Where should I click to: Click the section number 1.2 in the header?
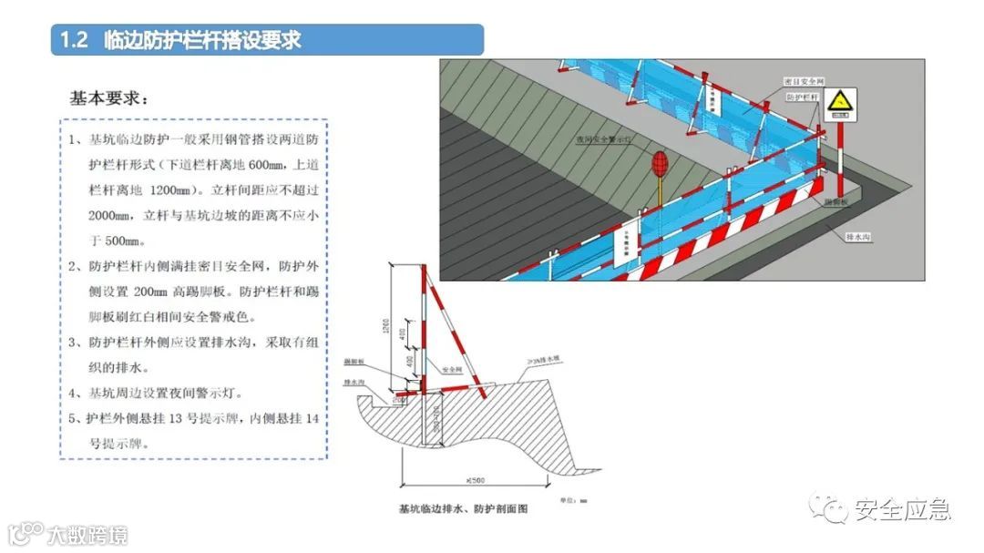(73, 41)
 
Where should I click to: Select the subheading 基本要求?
(108, 97)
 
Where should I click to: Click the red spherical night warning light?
(660, 164)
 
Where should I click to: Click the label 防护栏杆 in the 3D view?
(803, 97)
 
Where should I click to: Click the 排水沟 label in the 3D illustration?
(860, 235)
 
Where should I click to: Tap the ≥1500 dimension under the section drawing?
(475, 479)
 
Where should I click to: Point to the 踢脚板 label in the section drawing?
(354, 363)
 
